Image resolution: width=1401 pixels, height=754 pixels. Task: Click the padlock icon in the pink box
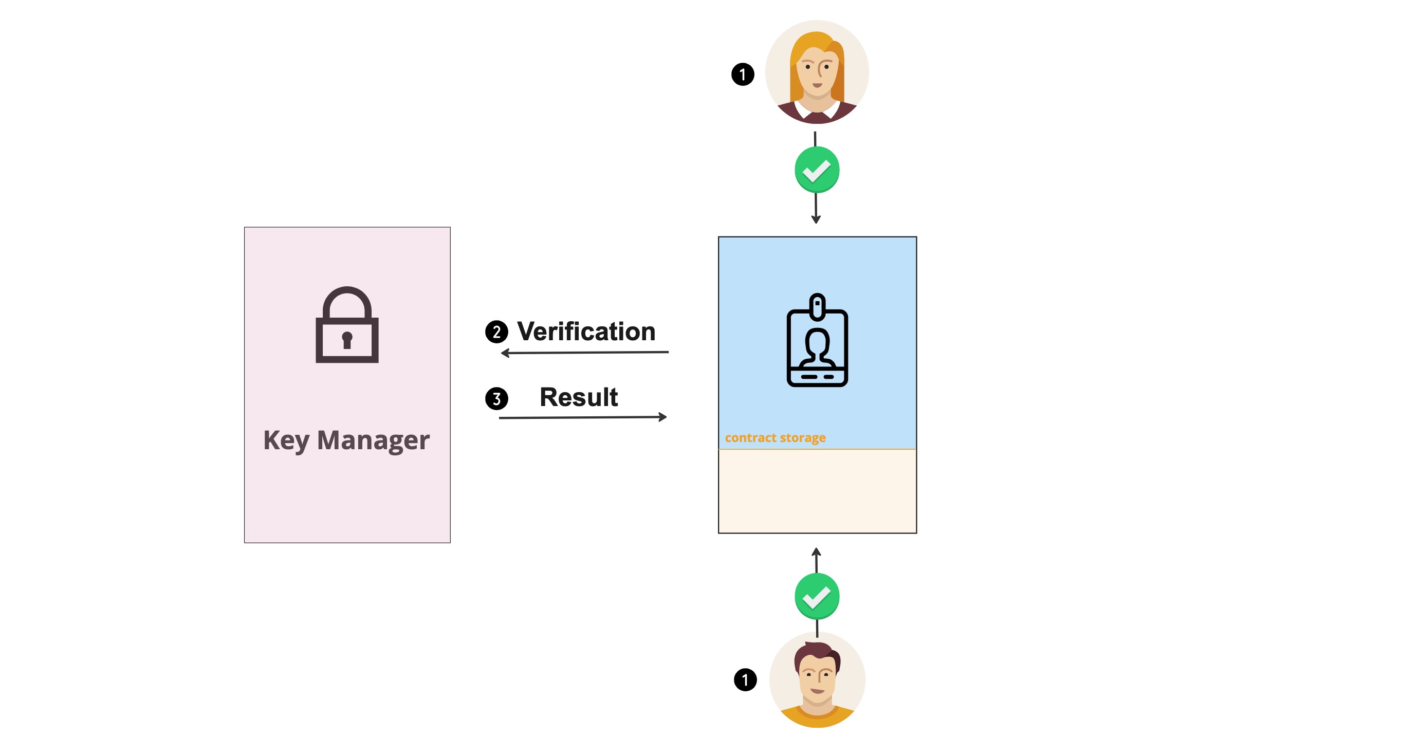(x=347, y=325)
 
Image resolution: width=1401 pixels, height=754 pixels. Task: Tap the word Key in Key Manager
(x=286, y=440)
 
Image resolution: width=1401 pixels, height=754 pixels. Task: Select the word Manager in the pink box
(x=373, y=440)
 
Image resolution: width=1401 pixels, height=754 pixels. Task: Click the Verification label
(x=586, y=332)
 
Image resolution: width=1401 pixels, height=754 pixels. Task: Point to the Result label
(x=578, y=397)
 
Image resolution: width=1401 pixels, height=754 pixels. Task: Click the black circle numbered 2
(x=496, y=332)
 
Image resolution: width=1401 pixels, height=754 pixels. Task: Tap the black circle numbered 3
(x=496, y=398)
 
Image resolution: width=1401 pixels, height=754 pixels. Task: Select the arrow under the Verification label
(x=585, y=353)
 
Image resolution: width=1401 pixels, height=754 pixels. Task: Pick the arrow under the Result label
(x=582, y=417)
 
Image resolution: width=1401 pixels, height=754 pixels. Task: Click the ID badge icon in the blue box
(x=817, y=341)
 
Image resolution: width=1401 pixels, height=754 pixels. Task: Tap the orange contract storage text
(x=775, y=437)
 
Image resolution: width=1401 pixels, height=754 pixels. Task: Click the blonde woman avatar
(x=816, y=72)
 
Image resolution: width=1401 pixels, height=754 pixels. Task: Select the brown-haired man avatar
(x=817, y=679)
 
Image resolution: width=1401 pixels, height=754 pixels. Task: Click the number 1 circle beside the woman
(x=742, y=74)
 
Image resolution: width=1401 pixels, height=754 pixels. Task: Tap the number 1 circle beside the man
(x=745, y=679)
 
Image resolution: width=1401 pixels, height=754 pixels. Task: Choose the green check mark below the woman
(x=816, y=170)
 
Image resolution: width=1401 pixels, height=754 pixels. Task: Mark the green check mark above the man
(x=816, y=596)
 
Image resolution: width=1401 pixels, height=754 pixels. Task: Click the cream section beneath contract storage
(x=817, y=491)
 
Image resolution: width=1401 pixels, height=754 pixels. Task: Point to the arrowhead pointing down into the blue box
(x=816, y=219)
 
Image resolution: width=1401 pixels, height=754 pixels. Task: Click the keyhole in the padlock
(x=347, y=340)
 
